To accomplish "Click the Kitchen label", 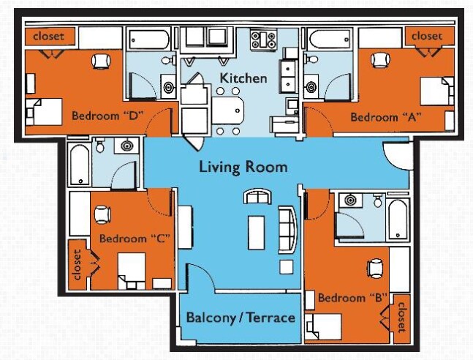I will click(x=243, y=78).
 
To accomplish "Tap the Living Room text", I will click(x=243, y=167).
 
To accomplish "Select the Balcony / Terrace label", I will click(x=241, y=318).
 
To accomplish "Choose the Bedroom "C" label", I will click(x=129, y=239).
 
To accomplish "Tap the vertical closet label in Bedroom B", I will click(x=401, y=317).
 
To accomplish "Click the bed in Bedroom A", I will click(x=436, y=91).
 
